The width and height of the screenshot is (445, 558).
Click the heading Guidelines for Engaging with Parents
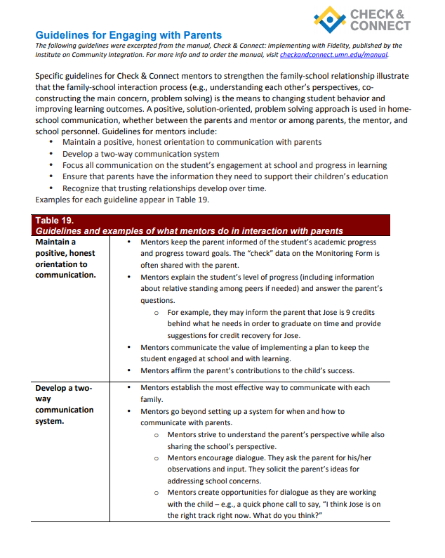[128, 34]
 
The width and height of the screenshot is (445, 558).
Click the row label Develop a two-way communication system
[64, 404]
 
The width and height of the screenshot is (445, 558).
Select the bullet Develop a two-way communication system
[140, 154]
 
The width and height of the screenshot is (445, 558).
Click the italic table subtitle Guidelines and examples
[190, 231]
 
